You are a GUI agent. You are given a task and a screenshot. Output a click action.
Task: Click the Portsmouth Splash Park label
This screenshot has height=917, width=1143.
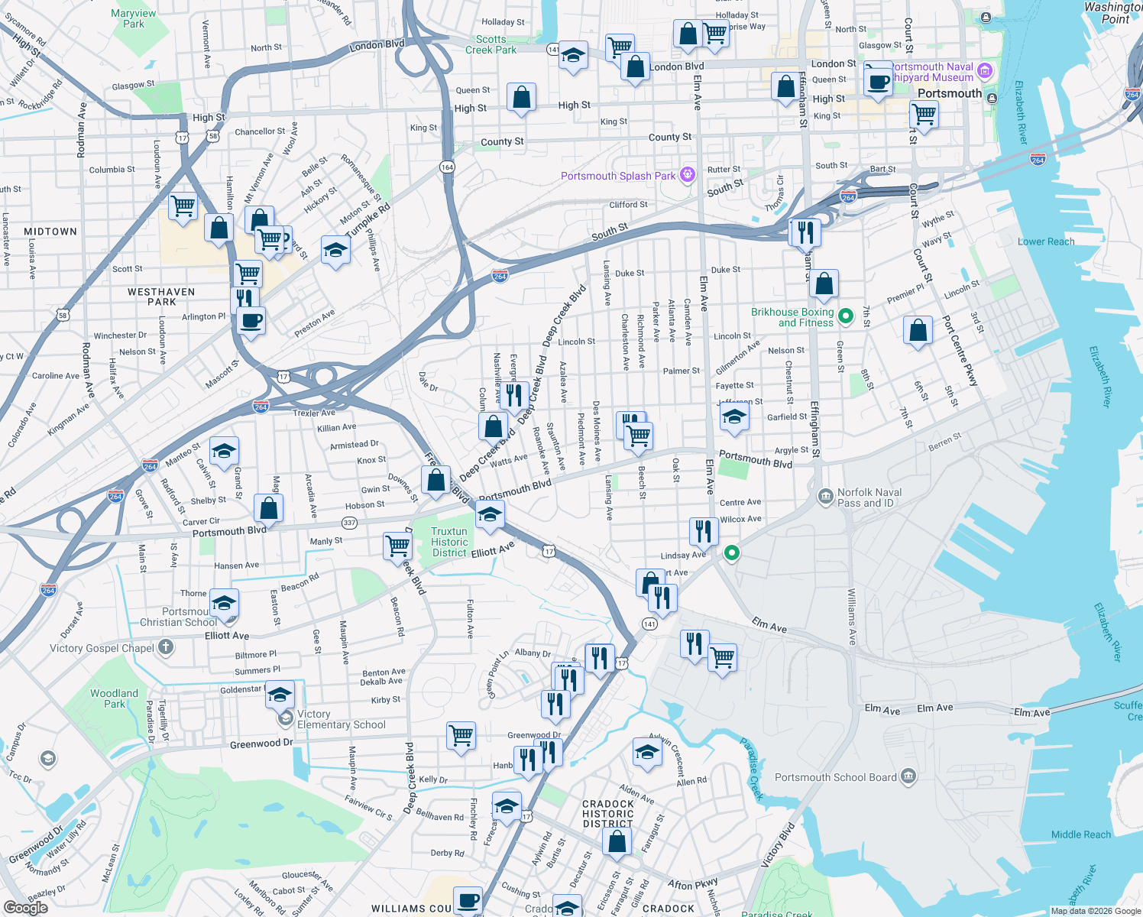(617, 176)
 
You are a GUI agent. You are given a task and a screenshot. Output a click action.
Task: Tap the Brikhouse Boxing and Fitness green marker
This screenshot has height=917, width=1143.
(846, 316)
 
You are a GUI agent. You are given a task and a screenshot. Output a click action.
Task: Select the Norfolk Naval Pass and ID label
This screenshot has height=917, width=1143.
(869, 497)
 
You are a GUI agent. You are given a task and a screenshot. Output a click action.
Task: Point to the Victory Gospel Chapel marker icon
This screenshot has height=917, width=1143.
(166, 648)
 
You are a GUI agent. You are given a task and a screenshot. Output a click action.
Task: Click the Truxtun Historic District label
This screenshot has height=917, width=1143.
(449, 542)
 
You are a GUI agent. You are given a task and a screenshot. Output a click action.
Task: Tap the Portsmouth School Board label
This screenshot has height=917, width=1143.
(835, 777)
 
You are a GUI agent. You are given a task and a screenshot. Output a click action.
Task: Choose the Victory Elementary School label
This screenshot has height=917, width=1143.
(341, 719)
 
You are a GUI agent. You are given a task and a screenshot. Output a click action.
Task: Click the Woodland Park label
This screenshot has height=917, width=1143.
(115, 698)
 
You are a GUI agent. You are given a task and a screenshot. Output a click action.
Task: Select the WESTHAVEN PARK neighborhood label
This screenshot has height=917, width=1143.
(161, 296)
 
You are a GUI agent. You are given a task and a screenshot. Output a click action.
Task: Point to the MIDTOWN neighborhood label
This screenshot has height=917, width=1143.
(50, 232)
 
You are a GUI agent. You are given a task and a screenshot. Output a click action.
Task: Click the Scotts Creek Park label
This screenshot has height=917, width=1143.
(491, 44)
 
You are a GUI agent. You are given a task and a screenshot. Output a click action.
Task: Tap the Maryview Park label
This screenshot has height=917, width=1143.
(134, 18)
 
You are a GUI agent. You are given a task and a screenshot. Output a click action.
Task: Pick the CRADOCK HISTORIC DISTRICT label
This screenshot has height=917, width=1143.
(608, 814)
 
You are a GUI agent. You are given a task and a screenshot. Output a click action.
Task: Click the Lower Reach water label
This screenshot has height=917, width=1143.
(1046, 241)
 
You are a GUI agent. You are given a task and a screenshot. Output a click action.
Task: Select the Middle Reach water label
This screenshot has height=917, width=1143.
(1080, 834)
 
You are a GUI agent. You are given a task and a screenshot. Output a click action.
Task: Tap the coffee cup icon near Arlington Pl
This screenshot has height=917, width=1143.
(251, 320)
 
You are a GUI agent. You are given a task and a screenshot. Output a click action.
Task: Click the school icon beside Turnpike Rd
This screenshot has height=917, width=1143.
(335, 250)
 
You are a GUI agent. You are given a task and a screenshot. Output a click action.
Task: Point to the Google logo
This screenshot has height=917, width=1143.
(25, 908)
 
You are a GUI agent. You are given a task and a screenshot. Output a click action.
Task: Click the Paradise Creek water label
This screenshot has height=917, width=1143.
(753, 768)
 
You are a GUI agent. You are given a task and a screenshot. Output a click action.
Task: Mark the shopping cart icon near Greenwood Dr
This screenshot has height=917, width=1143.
(461, 735)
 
